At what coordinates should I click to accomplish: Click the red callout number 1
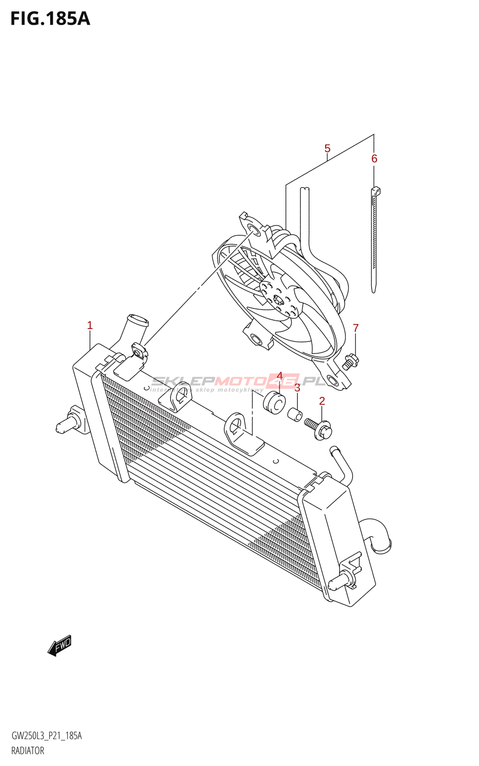pos(90,326)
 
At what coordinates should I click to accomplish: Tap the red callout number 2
pos(322,401)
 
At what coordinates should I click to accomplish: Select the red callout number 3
pos(297,388)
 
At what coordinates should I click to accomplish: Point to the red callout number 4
pos(280,376)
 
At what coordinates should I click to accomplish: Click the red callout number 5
pos(327,148)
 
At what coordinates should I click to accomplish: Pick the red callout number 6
pos(374,158)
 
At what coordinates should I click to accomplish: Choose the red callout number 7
pos(355,328)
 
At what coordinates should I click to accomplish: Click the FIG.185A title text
pos(50,19)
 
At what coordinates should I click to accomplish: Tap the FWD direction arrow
pos(59,647)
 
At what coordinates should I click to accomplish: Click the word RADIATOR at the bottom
pos(28,751)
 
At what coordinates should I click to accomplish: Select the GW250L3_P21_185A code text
pos(46,736)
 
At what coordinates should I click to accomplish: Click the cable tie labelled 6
pos(374,239)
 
